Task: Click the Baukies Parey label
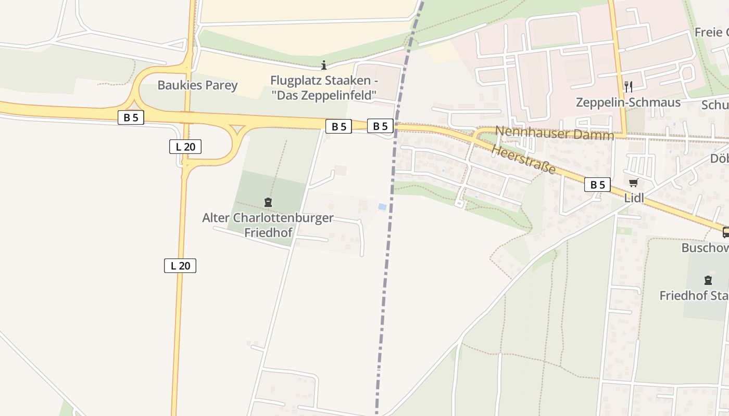click(x=197, y=85)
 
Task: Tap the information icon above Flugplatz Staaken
click(x=324, y=65)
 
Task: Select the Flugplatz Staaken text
click(x=324, y=81)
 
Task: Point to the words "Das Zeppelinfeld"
click(x=324, y=95)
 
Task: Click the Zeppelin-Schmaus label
click(x=628, y=102)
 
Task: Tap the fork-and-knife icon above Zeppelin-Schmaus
click(x=629, y=86)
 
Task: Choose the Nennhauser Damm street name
click(x=554, y=133)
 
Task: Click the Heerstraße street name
click(x=523, y=160)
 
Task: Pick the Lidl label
click(x=634, y=198)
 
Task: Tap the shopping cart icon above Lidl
click(x=634, y=183)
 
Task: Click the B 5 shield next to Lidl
click(x=597, y=185)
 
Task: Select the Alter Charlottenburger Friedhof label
click(x=268, y=225)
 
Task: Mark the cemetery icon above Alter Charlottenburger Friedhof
click(x=268, y=202)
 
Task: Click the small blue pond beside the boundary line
click(x=382, y=207)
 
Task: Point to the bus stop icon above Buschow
click(x=726, y=232)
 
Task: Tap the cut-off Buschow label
click(x=705, y=248)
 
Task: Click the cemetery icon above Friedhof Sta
click(x=708, y=281)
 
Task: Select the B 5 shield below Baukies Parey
click(x=131, y=118)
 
